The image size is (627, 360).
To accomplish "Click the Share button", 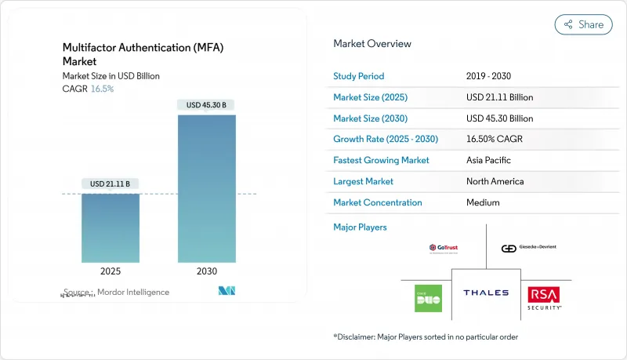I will tap(583, 24).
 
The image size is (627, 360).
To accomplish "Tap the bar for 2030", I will tap(207, 188).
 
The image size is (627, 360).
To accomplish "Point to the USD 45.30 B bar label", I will tap(207, 105).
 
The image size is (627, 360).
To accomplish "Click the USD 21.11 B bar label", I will tap(111, 184).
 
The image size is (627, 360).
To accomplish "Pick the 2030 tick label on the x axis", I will tap(207, 272).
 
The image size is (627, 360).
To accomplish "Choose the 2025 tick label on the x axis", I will tap(111, 272).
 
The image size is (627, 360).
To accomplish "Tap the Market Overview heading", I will tap(371, 44).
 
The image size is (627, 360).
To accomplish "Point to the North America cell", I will tap(495, 181).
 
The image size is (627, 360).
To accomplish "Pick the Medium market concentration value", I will tap(483, 202).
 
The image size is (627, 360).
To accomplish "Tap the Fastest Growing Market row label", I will tap(381, 160).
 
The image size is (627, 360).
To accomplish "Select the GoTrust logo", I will tap(443, 248).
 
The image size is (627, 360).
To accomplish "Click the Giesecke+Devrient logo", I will tap(529, 248).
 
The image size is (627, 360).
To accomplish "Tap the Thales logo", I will tap(486, 293).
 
